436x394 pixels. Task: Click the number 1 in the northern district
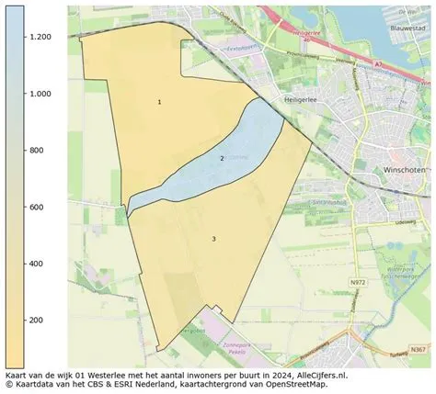(159, 102)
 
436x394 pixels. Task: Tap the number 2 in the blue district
(222, 159)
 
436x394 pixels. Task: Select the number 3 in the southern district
(213, 239)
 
